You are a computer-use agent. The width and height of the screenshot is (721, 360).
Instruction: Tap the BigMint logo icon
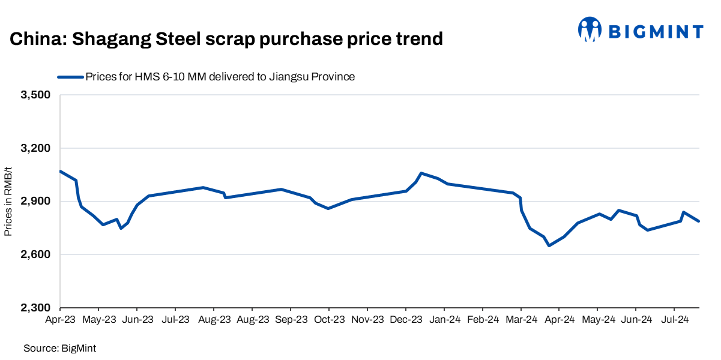tap(590, 29)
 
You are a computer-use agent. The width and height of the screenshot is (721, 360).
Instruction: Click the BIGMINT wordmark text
tap(656, 31)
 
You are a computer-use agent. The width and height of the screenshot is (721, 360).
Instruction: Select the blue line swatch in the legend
tap(70, 77)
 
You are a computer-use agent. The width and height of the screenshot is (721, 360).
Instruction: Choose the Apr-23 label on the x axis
tap(61, 320)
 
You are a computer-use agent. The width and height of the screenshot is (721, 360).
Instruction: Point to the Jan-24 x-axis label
tap(444, 320)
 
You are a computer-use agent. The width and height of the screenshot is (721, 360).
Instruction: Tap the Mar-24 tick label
tap(521, 320)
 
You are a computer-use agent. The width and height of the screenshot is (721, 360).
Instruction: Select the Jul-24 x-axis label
tap(674, 320)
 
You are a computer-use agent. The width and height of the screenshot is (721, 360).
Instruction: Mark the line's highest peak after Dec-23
tap(421, 173)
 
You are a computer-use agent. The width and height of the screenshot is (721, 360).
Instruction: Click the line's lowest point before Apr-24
tap(549, 245)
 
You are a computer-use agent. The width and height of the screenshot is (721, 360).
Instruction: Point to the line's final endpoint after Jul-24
tap(699, 221)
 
